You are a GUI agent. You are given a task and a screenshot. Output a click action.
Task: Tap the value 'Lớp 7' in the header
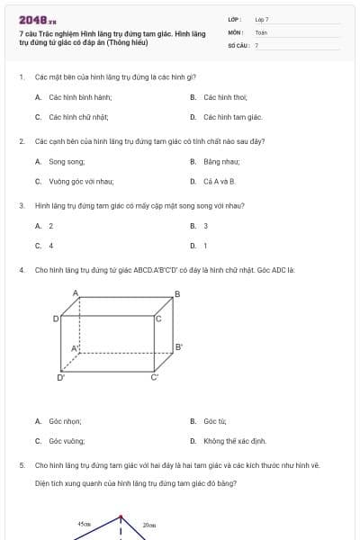(x=262, y=19)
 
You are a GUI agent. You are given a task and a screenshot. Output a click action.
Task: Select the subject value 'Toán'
(x=261, y=31)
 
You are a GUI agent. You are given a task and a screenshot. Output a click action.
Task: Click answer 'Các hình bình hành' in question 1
(x=72, y=97)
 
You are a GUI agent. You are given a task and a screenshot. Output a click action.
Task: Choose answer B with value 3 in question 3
(x=206, y=226)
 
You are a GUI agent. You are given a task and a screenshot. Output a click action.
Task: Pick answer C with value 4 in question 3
(x=51, y=245)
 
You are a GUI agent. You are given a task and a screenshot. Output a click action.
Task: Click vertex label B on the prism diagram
(x=177, y=293)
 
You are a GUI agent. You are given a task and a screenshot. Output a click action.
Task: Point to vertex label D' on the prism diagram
(x=61, y=378)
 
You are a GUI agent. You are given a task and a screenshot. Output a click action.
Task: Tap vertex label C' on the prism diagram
(x=154, y=378)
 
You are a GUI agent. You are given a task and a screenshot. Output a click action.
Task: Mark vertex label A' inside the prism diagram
(x=76, y=347)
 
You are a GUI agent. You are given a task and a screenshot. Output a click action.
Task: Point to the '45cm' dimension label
(x=84, y=524)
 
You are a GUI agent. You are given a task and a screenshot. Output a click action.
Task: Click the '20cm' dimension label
(x=149, y=524)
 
